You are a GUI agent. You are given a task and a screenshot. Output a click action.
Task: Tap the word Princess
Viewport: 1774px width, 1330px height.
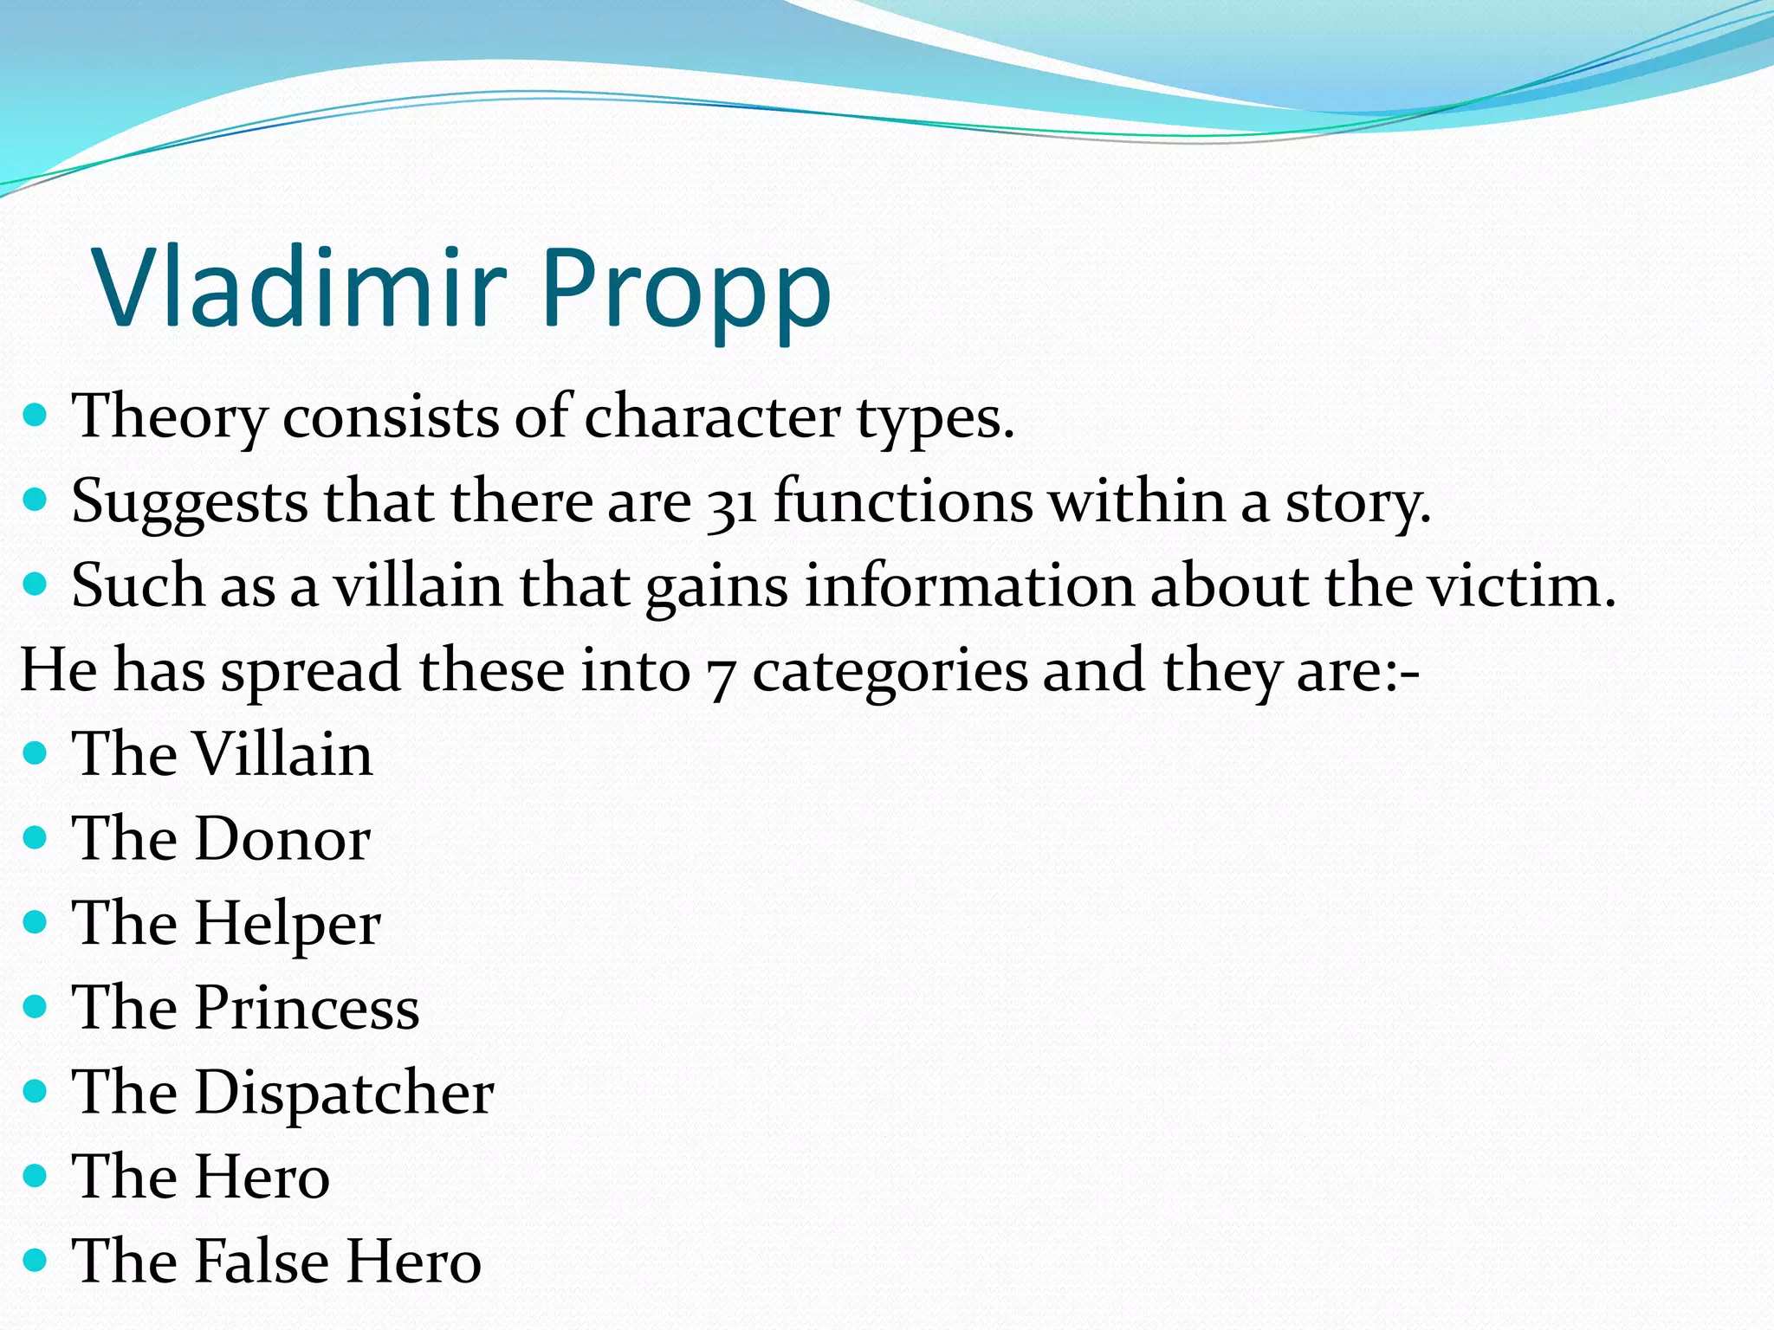[x=307, y=1008]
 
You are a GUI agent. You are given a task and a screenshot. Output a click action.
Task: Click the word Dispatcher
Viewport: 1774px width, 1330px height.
[x=344, y=1093]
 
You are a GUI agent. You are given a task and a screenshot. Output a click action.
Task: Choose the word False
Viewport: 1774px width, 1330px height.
[x=262, y=1262]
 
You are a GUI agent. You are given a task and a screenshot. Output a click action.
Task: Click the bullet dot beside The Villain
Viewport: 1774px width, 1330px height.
[x=35, y=753]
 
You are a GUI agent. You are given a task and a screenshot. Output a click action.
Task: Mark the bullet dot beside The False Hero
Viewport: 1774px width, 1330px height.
[x=35, y=1260]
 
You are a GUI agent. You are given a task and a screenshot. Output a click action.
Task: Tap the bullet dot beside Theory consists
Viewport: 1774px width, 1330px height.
[x=35, y=416]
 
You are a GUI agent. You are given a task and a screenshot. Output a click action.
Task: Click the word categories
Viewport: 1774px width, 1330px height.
[x=889, y=673]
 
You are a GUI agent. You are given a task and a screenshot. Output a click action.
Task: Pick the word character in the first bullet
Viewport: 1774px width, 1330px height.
[x=712, y=417]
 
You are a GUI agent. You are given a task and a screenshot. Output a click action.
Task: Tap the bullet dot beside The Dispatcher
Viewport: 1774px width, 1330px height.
[x=35, y=1091]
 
